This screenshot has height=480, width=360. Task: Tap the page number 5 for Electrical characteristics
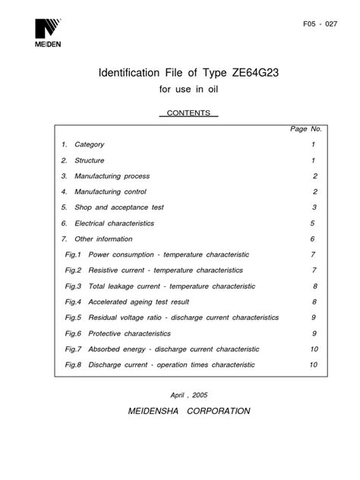[x=312, y=223]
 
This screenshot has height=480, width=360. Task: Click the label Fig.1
[x=72, y=254]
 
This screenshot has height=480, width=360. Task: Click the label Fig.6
[x=72, y=333]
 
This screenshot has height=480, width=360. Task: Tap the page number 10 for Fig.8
[x=313, y=365]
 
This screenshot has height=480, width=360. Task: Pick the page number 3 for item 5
[x=312, y=207]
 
